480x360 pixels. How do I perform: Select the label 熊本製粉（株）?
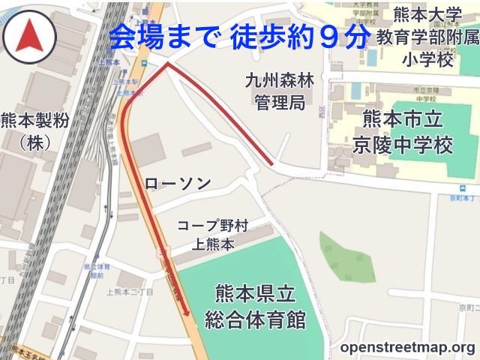coord(34,130)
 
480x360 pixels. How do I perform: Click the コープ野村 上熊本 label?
coord(212,234)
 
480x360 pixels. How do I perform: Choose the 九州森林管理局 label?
coord(278,91)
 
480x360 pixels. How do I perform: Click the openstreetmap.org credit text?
coord(407,347)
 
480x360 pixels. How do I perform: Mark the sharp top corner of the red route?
coord(167,65)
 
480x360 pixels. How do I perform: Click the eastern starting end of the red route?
coord(271,163)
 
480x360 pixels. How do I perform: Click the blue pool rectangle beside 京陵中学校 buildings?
coord(355,91)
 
